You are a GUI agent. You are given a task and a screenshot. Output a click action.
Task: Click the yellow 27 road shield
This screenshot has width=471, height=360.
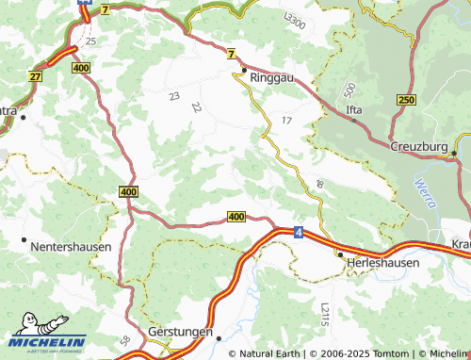point(36,76)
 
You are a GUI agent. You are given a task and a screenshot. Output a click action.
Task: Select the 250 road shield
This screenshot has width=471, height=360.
point(406,100)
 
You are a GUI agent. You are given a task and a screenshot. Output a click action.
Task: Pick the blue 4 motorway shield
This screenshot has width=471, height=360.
point(298,231)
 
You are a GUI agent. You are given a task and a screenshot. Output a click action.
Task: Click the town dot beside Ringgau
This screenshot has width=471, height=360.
point(243,70)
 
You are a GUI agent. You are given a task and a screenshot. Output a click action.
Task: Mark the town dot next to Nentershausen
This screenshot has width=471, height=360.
point(23,241)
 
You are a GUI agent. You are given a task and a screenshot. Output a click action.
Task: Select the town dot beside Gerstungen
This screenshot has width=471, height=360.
point(218,335)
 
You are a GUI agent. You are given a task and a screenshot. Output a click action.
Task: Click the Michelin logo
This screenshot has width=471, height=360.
point(47,340)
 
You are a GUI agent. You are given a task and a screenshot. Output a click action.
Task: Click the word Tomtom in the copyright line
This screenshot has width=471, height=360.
point(385,353)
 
